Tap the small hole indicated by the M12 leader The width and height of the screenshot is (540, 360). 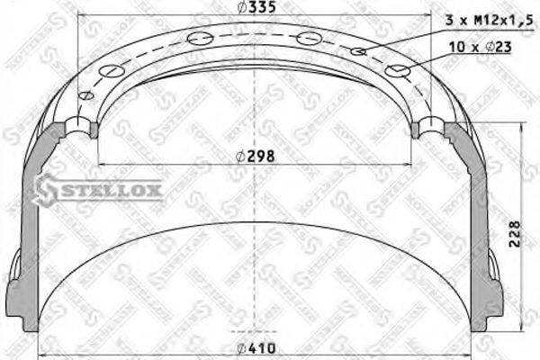(x=358, y=51)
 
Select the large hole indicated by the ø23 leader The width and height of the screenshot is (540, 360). (x=397, y=70)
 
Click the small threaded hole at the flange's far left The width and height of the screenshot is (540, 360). (x=86, y=96)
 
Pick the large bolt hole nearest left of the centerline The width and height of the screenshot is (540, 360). (x=203, y=37)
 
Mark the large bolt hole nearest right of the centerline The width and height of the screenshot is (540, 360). (x=309, y=38)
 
